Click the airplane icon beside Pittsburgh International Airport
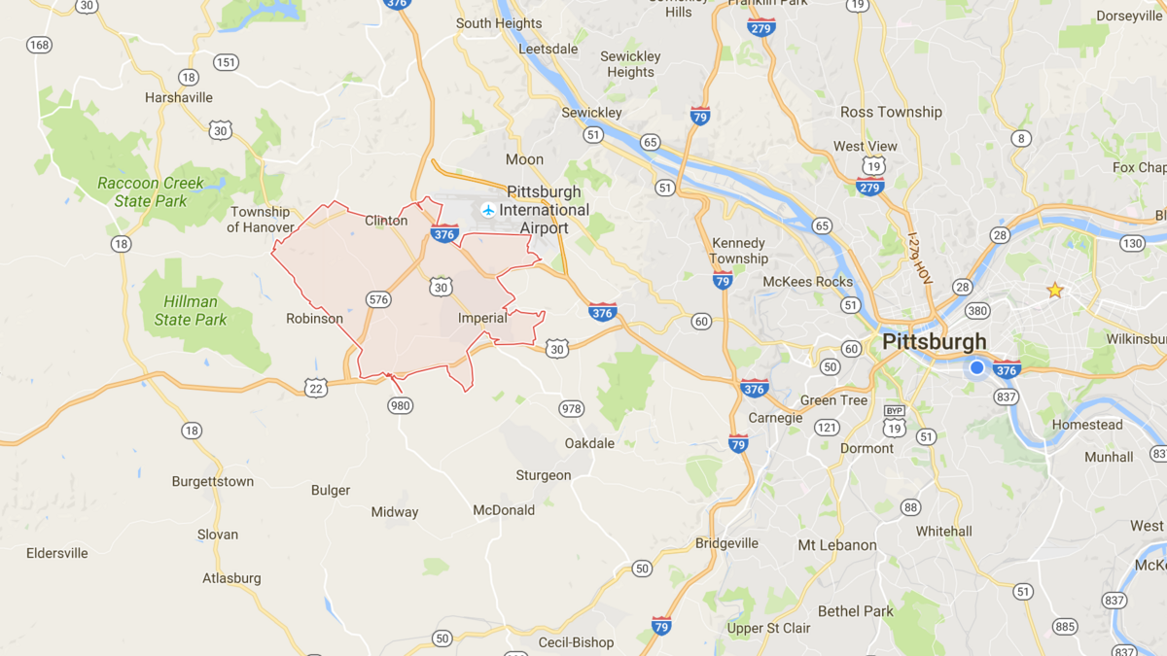click(x=488, y=210)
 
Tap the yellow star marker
click(x=1054, y=291)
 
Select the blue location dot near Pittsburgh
click(x=977, y=367)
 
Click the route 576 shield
click(x=378, y=299)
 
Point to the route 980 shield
click(x=400, y=405)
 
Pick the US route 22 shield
click(x=315, y=388)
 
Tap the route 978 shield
click(x=571, y=408)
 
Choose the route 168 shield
click(x=40, y=45)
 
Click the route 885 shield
click(x=1064, y=627)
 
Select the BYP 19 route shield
click(x=895, y=424)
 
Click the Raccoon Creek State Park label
click(x=151, y=191)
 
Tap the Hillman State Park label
click(x=191, y=310)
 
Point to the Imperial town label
click(x=482, y=318)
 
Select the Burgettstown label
click(x=213, y=481)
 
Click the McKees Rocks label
click(x=807, y=282)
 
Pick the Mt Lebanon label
click(x=837, y=545)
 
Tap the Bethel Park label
click(x=856, y=611)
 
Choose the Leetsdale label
click(x=548, y=49)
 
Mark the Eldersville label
click(x=57, y=553)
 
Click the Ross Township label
click(x=891, y=112)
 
